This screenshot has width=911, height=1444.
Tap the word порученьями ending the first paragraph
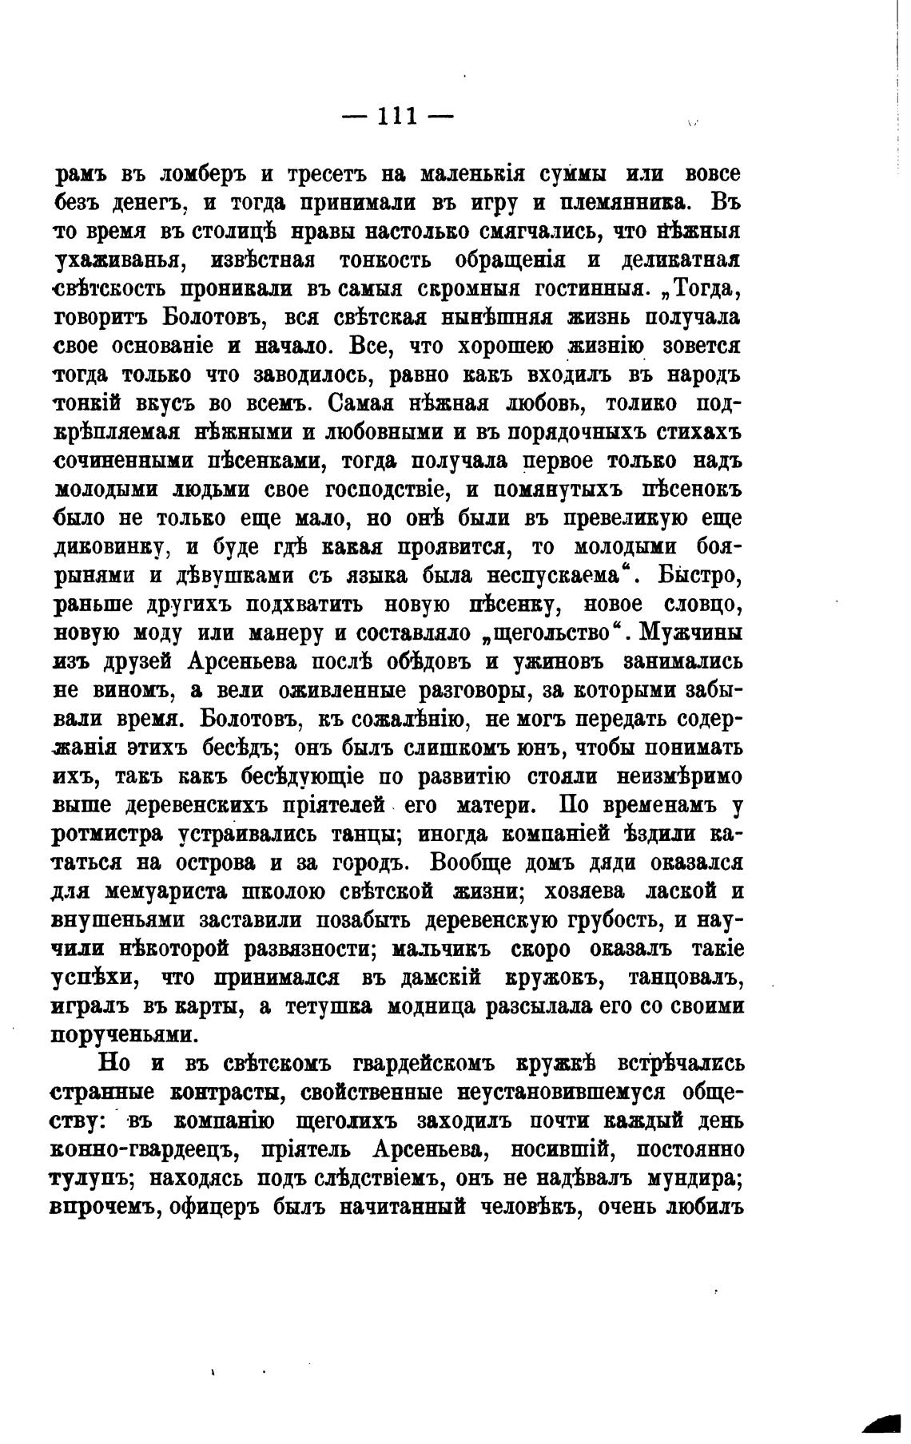[123, 1036]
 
